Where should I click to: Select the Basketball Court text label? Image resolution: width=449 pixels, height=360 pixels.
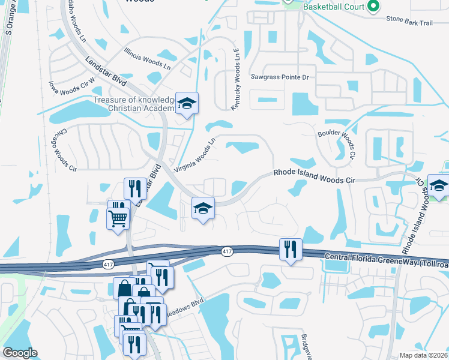point(334,7)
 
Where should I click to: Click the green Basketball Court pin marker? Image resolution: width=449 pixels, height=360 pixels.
point(373,7)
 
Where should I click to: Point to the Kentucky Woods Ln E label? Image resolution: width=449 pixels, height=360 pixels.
point(235,80)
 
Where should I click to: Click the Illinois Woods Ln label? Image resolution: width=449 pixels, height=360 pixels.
point(148,59)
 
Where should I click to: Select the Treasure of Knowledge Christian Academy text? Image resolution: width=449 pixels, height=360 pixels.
point(134,104)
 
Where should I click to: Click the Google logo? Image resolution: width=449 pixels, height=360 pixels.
point(20,353)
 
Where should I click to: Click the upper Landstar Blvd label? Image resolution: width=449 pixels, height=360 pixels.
point(107,71)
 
